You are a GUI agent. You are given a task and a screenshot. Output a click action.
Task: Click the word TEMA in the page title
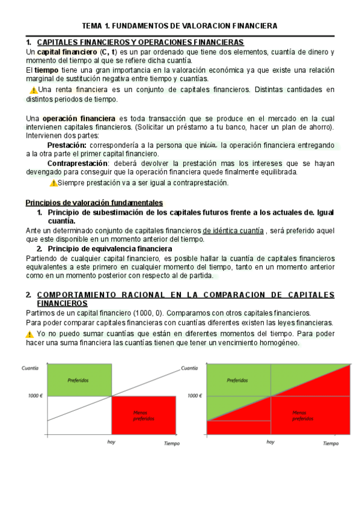point(93,26)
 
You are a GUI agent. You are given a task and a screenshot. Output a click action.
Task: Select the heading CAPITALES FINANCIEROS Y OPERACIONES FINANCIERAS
point(141,43)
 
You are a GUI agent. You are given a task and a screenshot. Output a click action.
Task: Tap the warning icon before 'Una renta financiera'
point(33,90)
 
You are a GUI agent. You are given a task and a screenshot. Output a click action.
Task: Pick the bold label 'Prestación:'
point(67,145)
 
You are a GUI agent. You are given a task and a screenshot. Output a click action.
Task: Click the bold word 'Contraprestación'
point(77,163)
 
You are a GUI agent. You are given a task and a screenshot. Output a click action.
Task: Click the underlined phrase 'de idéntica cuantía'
point(233,230)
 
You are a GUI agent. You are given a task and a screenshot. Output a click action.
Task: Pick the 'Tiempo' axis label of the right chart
point(331,443)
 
